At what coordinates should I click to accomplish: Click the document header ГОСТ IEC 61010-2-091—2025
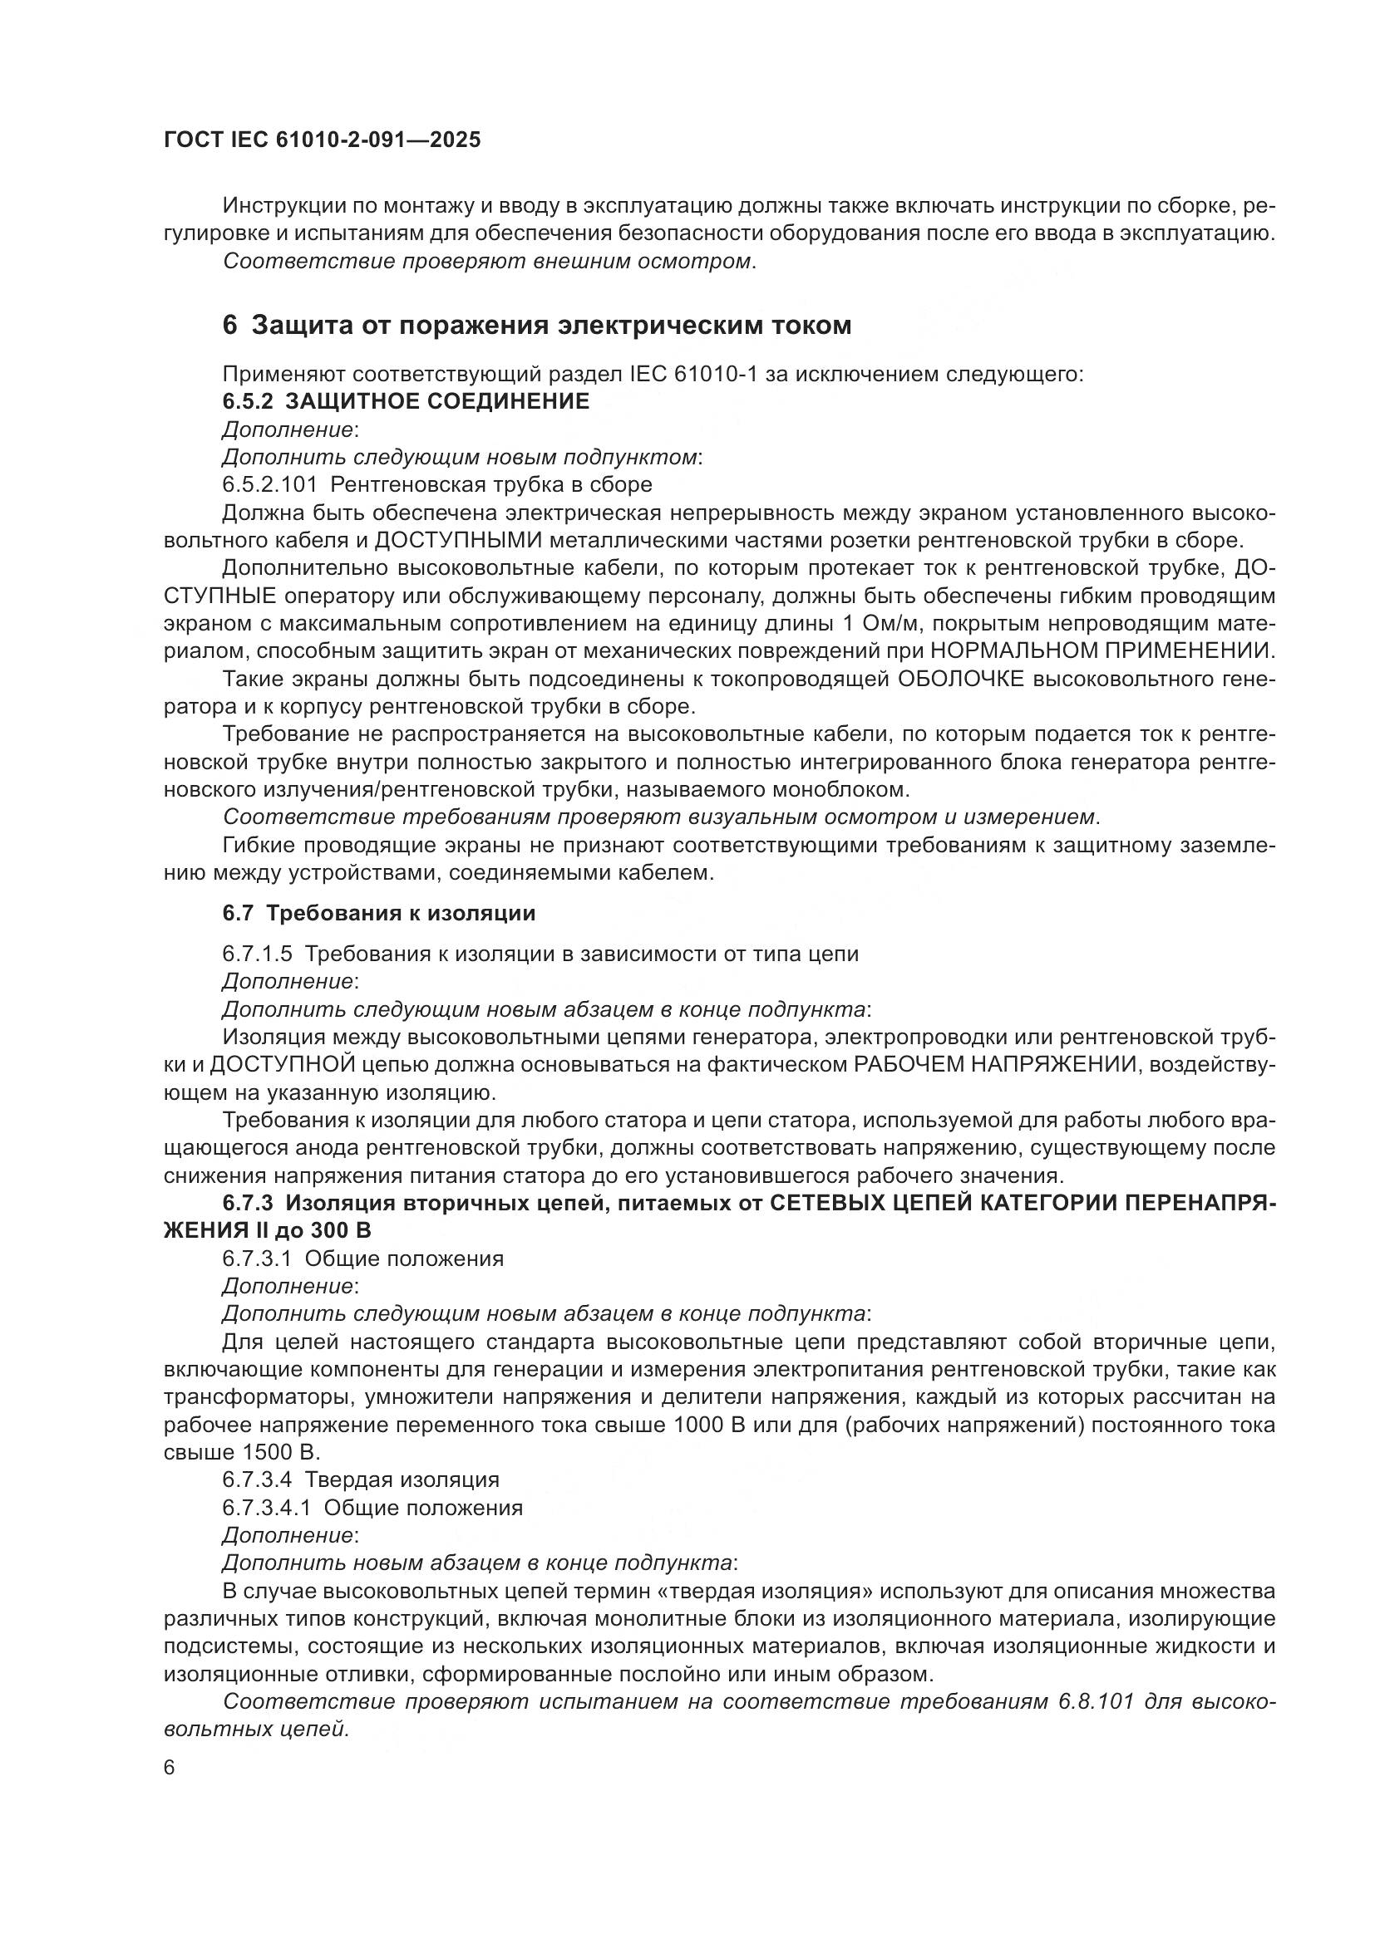(322, 140)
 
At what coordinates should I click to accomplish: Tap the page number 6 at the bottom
(170, 1768)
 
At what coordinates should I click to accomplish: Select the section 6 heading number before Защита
(229, 326)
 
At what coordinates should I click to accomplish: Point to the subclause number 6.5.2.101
(269, 485)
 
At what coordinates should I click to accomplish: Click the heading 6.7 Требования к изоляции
(378, 914)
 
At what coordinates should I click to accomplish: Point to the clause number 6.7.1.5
(258, 954)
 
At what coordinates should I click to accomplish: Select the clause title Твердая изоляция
(402, 1480)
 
